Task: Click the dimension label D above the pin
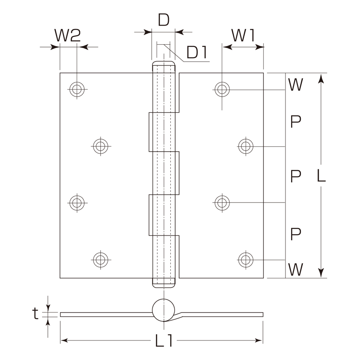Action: click(164, 20)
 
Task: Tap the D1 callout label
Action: click(197, 52)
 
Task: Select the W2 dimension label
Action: click(67, 35)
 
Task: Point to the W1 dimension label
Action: click(243, 35)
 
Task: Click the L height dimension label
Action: click(321, 176)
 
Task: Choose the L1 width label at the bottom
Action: click(164, 340)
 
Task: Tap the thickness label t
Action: click(35, 313)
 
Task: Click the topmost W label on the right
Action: click(295, 85)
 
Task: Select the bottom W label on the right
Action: click(295, 269)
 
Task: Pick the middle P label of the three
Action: click(295, 176)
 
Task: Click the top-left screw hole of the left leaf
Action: click(77, 89)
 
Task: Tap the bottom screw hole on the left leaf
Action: click(101, 260)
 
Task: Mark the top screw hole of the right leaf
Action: click(222, 89)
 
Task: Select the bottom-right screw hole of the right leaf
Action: click(246, 260)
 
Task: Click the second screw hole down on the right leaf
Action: click(246, 146)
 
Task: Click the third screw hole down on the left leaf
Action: click(77, 203)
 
